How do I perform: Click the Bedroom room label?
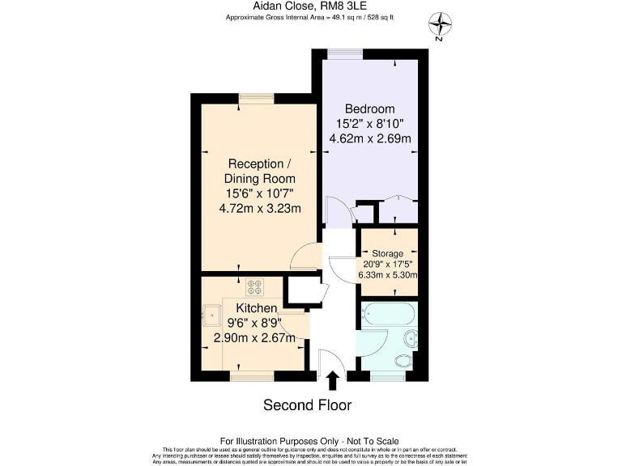pos(369,109)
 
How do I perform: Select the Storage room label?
pos(388,253)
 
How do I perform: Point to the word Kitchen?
pos(257,309)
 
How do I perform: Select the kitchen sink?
pos(214,313)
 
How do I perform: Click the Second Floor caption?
pos(307,404)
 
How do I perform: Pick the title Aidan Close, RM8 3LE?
pos(310,6)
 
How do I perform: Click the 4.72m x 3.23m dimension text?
pos(260,208)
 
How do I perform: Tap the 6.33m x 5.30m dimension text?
pos(388,274)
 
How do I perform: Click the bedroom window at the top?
pos(345,54)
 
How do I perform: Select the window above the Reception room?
pos(256,99)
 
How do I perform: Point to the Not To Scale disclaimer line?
pos(310,440)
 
